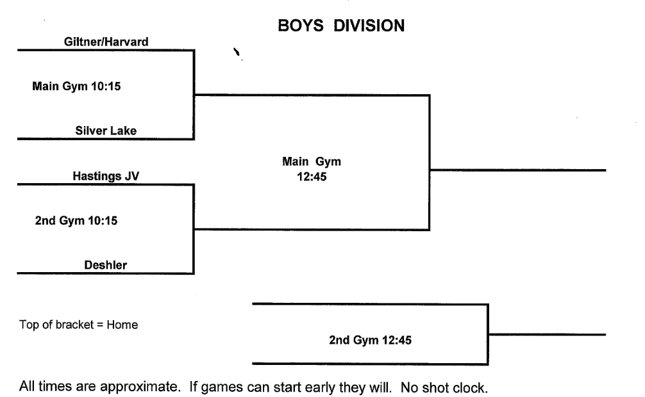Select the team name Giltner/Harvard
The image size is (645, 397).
[106, 42]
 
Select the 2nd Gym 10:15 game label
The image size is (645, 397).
[76, 221]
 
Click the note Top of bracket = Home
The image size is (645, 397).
[79, 325]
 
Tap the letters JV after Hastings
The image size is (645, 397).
[132, 177]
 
